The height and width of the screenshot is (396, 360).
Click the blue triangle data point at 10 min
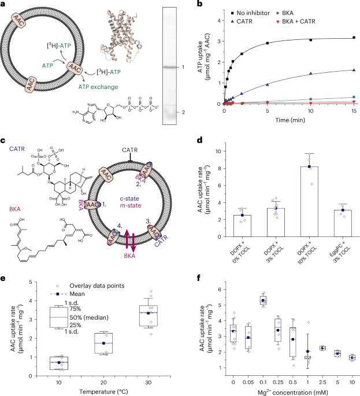coord(311,73)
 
